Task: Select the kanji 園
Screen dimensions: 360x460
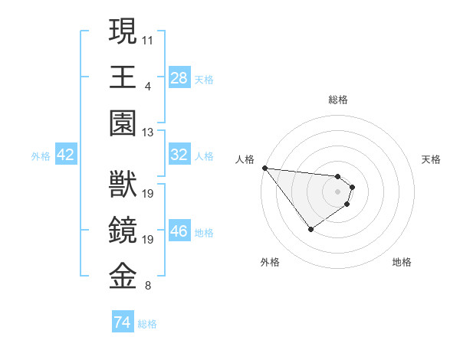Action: click(123, 123)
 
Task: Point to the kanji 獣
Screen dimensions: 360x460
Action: click(123, 185)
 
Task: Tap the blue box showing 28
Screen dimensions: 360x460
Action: click(179, 78)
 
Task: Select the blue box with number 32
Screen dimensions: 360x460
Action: click(179, 155)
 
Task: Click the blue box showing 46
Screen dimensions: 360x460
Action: click(179, 231)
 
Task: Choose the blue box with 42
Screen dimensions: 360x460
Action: click(65, 155)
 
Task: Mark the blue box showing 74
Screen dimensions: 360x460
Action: click(122, 323)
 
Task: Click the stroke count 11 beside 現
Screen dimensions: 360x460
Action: click(148, 38)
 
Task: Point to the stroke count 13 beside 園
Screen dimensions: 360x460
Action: click(148, 133)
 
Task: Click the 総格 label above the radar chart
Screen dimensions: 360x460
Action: click(338, 100)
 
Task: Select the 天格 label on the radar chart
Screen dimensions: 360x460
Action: click(431, 159)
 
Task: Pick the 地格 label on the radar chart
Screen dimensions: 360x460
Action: click(402, 262)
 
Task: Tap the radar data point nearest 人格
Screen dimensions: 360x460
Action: click(264, 168)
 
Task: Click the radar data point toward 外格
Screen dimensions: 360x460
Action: click(310, 229)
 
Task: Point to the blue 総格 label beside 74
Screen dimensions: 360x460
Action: click(147, 324)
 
